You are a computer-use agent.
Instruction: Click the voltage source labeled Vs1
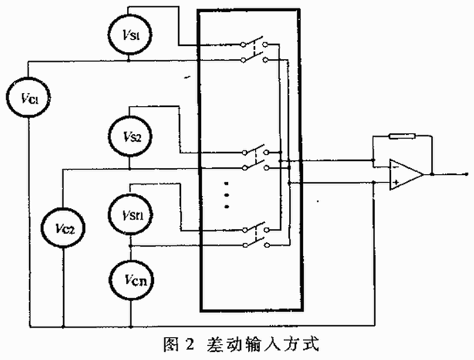(x=130, y=35)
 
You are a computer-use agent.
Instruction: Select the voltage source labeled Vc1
(x=28, y=98)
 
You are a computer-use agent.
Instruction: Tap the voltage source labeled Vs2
(x=130, y=136)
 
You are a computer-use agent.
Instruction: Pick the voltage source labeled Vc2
(x=63, y=228)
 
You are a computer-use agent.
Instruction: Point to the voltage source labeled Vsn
(x=131, y=214)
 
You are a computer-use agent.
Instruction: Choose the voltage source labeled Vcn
(x=132, y=280)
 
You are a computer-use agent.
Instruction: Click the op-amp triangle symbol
(x=406, y=174)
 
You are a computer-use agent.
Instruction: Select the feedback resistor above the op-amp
(x=402, y=136)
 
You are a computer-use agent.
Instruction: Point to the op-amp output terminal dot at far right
(x=467, y=174)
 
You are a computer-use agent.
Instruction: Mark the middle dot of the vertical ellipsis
(x=227, y=195)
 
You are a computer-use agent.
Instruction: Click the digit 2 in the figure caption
(x=190, y=344)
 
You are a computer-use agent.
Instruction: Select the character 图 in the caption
(x=172, y=344)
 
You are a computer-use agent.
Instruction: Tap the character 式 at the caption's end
(x=311, y=344)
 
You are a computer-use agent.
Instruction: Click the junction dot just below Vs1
(x=128, y=60)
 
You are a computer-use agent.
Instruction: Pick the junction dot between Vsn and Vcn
(x=131, y=247)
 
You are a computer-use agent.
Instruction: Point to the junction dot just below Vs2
(x=129, y=168)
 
